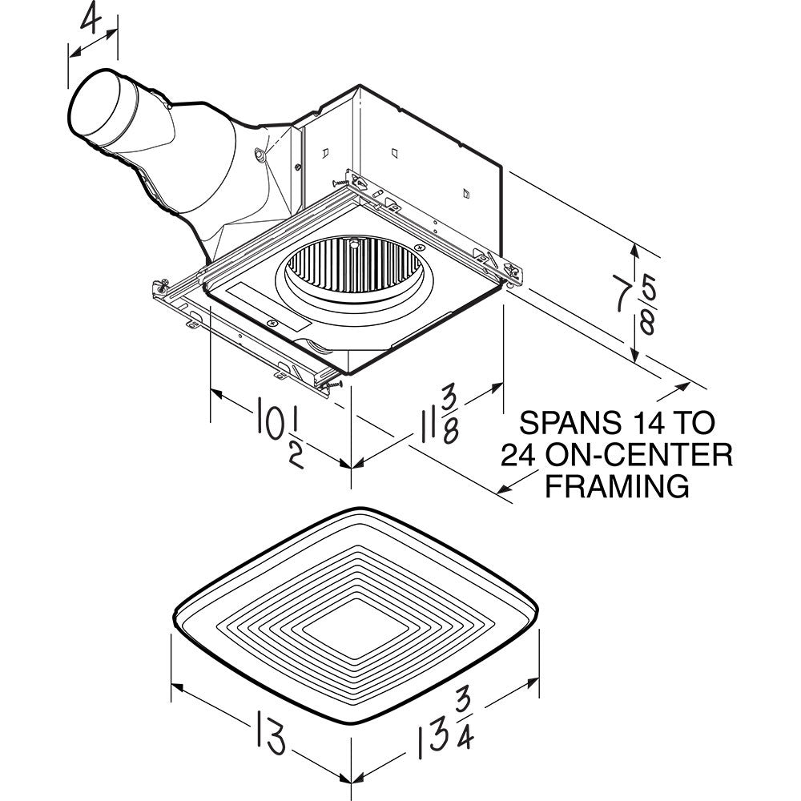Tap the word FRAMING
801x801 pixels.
tap(617, 485)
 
